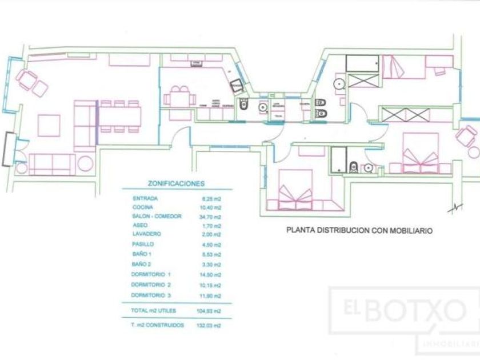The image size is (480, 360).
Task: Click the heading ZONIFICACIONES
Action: coord(168,185)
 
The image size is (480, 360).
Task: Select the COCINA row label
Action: coord(141,207)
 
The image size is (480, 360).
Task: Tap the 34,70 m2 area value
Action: coord(211,217)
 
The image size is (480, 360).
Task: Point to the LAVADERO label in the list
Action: coord(146,234)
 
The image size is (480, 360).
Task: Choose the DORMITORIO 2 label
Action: coord(151,285)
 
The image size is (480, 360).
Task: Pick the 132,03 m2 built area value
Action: coord(210,325)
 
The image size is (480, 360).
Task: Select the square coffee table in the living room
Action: coord(49,125)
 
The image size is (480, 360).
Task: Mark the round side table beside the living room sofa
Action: coord(85,163)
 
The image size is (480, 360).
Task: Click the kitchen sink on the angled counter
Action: coord(237,87)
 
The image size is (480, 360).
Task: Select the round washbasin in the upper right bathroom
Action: coord(338,83)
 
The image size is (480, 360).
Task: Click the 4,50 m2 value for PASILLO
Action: coord(211,244)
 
